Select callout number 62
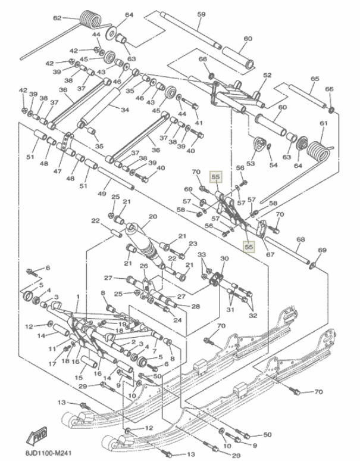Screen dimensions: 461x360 (x=57, y=18)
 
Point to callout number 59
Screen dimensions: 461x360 (x=201, y=14)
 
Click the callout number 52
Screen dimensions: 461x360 (x=267, y=75)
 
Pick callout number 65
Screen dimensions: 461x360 (x=315, y=79)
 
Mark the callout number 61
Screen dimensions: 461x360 (x=324, y=123)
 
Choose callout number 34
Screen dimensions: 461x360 (x=124, y=110)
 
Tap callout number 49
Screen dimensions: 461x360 (x=102, y=193)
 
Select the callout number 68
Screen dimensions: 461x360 (x=300, y=239)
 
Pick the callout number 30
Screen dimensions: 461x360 (x=224, y=258)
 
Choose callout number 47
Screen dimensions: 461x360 (x=58, y=172)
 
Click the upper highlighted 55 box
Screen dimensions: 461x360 (x=215, y=177)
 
